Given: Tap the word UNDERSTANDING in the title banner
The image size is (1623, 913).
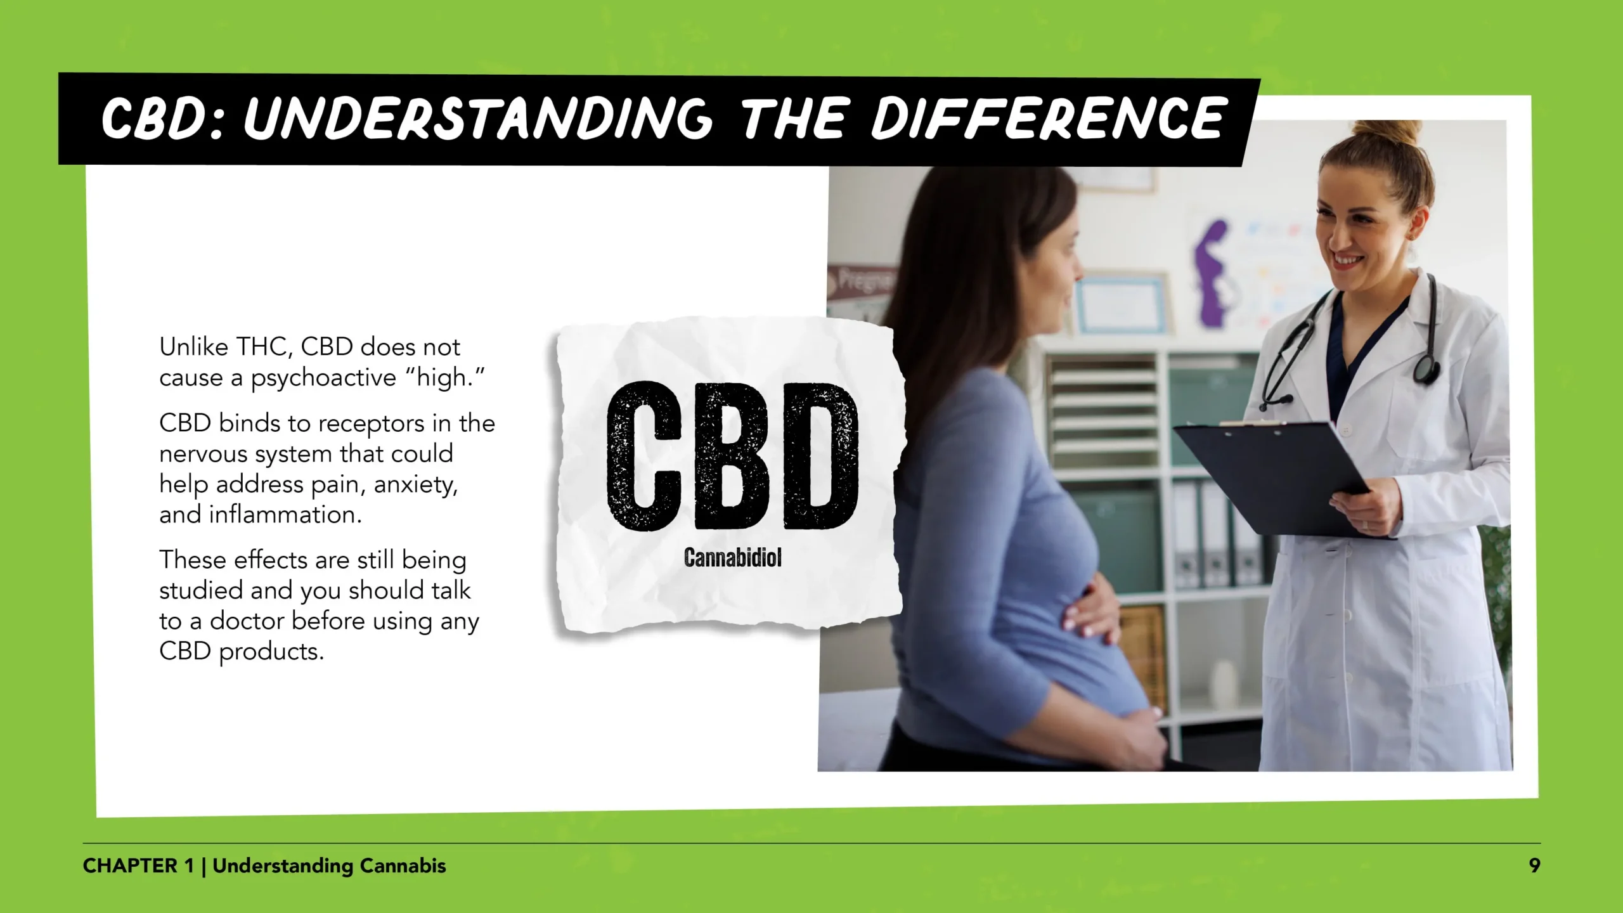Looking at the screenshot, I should click(x=479, y=119).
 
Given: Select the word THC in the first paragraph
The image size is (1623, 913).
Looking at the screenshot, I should click(x=264, y=347).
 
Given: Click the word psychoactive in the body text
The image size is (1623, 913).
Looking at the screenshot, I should click(x=323, y=379).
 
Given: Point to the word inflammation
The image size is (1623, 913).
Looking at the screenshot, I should click(x=285, y=515).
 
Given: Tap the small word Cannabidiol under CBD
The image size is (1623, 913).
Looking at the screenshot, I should click(x=732, y=558).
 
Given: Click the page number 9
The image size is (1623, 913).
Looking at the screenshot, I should click(x=1534, y=866).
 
